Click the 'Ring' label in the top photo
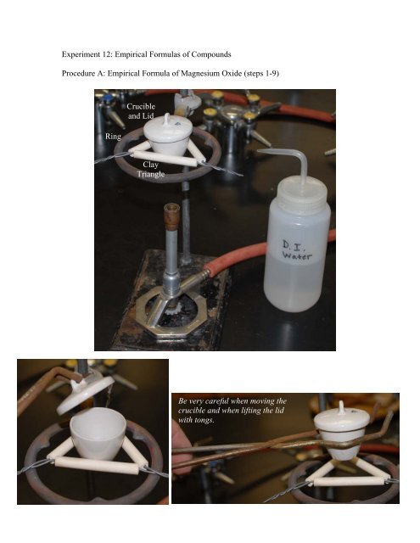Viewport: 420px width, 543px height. point(112,136)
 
